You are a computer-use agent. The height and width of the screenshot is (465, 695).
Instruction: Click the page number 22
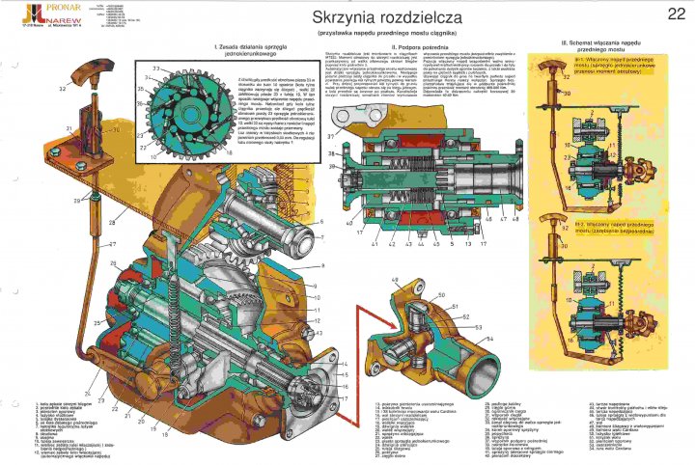(675, 14)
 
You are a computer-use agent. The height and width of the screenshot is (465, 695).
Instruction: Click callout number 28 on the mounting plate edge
(113, 223)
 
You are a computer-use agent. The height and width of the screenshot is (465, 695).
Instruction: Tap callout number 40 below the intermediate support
(349, 223)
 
